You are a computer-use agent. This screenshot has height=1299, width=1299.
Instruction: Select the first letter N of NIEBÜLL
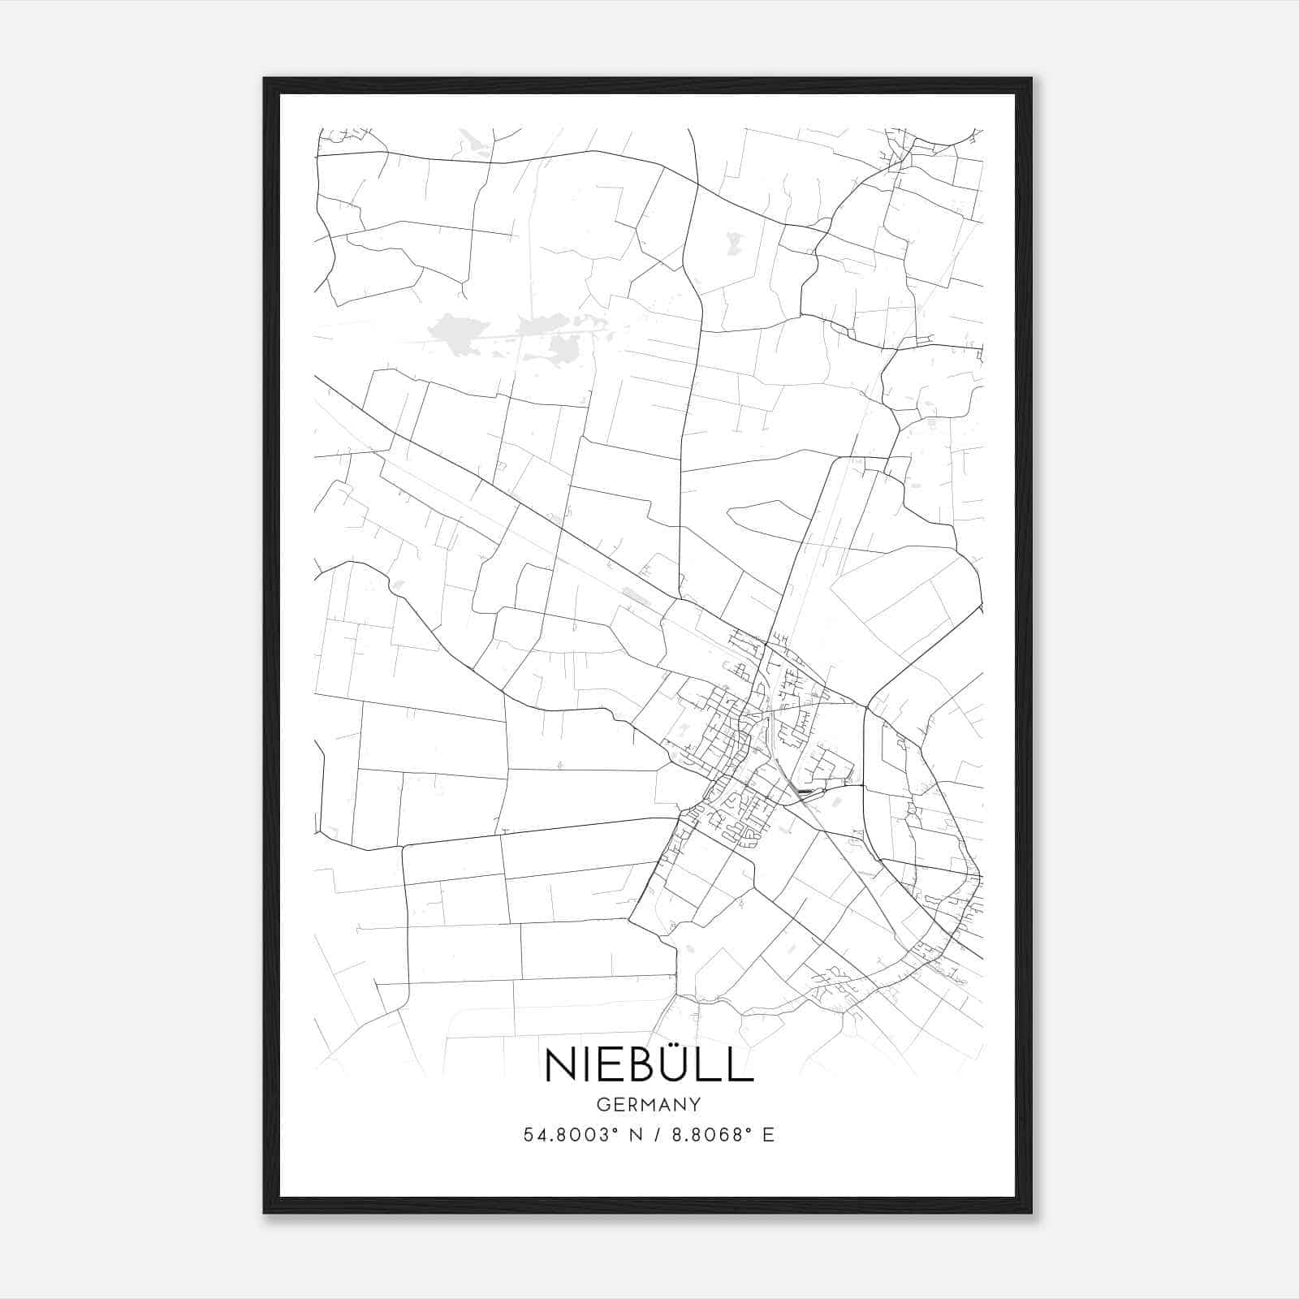point(561,1065)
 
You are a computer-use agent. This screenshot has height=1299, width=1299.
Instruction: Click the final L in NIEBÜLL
point(740,1065)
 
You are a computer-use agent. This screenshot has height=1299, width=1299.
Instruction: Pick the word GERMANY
point(649,1104)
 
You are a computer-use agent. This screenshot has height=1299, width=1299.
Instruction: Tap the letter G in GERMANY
point(602,1104)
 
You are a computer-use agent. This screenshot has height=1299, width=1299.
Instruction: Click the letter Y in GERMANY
point(696,1104)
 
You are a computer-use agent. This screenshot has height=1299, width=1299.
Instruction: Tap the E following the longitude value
point(768,1135)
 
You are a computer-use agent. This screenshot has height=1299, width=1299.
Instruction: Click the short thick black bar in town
point(805,790)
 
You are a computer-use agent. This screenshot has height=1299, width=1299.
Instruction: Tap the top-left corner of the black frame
point(265,80)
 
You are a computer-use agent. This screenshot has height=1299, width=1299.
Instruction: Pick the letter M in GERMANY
point(648,1104)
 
